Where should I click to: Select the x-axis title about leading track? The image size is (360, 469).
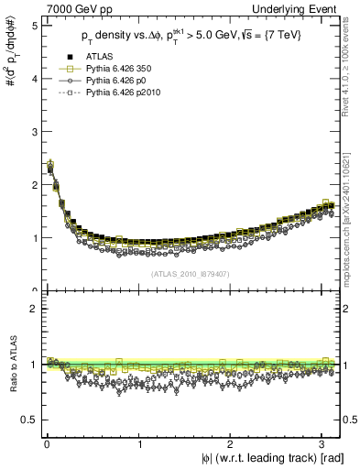point(272,458)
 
